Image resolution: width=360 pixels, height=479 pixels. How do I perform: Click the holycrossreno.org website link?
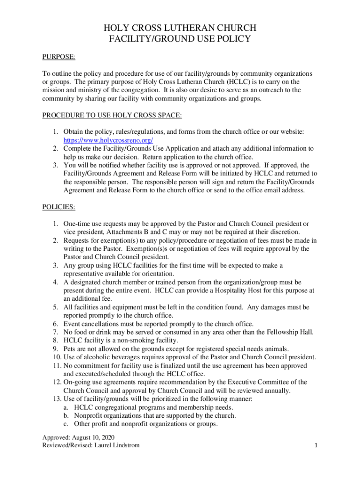[108, 140]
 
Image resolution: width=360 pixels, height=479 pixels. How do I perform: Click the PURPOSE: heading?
[59, 57]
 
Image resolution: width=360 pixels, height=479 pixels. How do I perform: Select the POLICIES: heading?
[59, 206]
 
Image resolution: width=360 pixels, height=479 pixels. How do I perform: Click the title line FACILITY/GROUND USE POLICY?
[180, 39]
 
